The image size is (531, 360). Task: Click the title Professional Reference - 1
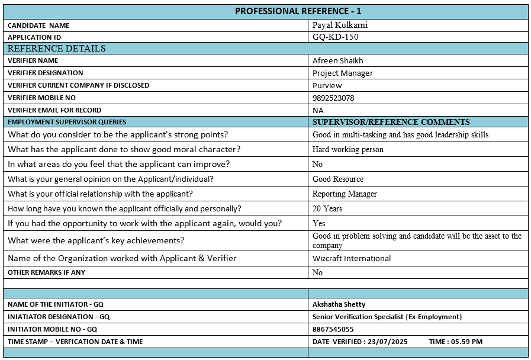[x=298, y=11]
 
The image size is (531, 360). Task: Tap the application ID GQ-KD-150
[x=335, y=37]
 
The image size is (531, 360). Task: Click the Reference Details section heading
[x=57, y=49]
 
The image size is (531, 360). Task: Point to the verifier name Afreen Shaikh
[x=338, y=60]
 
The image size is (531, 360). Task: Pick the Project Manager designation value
[x=343, y=73]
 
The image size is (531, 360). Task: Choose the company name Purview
[x=327, y=85]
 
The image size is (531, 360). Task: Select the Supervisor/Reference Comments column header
[x=391, y=122]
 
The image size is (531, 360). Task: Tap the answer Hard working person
[x=348, y=149]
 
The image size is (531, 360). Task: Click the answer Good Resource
[x=338, y=179]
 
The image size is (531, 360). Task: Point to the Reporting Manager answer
[x=345, y=194]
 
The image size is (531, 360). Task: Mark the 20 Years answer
[x=327, y=208]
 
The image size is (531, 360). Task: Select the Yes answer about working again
[x=319, y=223]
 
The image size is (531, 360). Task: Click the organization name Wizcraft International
[x=352, y=258]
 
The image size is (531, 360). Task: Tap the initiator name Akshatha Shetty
[x=339, y=304]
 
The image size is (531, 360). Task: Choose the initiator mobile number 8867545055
[x=333, y=329]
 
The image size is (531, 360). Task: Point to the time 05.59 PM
[x=468, y=342]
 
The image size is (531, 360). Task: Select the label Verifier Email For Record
[x=54, y=110]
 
